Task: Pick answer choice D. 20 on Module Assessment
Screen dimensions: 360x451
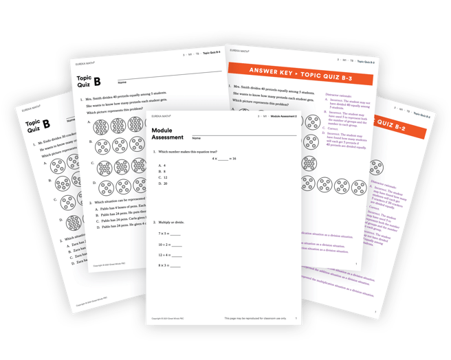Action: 163,183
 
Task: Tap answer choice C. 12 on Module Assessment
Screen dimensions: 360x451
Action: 163,177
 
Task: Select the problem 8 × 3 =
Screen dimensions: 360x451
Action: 169,265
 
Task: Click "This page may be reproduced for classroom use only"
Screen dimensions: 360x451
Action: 254,319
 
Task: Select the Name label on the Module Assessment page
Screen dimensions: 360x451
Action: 196,139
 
